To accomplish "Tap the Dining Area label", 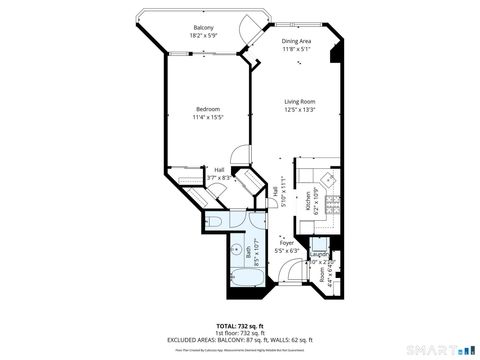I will tap(296, 41).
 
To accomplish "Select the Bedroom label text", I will tap(207, 108).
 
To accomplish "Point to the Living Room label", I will tap(300, 102).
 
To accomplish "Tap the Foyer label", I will tap(287, 242).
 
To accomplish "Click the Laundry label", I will tap(319, 255).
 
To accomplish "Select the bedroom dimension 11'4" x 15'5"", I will tap(207, 116).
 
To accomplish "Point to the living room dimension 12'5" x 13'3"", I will tap(300, 110).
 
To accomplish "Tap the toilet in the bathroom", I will tap(217, 220).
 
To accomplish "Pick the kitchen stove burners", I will tap(334, 205).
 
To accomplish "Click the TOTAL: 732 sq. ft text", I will tap(240, 326).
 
